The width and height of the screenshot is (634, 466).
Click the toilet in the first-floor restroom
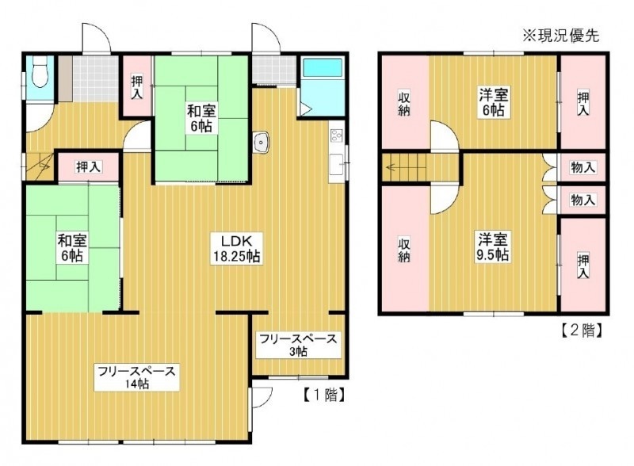40,72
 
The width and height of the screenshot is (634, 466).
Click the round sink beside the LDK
262,143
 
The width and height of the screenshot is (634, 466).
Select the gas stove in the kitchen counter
336,136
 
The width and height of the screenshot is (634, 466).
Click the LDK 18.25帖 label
236,249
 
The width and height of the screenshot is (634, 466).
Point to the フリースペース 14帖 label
136,377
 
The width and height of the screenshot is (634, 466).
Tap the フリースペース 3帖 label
298,345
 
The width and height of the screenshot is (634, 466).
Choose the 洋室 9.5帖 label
493,246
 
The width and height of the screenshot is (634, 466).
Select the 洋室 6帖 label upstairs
493,102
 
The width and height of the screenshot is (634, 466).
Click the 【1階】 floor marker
325,395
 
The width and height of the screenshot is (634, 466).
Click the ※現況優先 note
561,36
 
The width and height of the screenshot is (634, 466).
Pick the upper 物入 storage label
582,167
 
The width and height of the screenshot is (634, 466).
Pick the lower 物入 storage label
582,200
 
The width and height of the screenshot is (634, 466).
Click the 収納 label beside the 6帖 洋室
404,104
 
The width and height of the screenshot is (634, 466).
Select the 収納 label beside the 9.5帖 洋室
404,250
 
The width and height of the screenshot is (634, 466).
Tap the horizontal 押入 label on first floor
89,166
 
